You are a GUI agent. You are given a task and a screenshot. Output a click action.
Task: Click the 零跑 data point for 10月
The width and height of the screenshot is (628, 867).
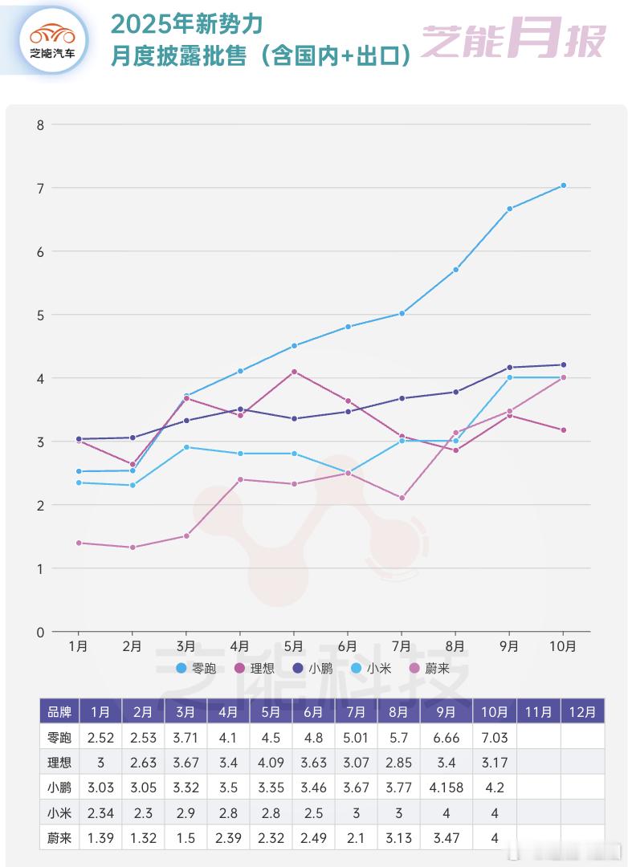(x=563, y=185)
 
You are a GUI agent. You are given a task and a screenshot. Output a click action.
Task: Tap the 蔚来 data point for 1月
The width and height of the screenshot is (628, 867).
(x=79, y=543)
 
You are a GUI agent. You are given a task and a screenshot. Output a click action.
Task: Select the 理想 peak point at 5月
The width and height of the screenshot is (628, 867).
(x=295, y=372)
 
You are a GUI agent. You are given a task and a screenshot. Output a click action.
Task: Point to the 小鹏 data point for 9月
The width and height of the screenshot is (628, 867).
(x=509, y=368)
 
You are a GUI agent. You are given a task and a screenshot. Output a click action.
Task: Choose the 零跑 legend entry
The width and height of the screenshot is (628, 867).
(x=196, y=668)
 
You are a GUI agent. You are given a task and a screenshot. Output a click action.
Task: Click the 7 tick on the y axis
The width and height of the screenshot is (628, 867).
(x=39, y=188)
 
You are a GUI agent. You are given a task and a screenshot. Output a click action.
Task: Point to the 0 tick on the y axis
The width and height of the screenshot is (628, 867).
(x=39, y=632)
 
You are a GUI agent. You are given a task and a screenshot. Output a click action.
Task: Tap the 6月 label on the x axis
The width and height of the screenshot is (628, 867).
(x=348, y=645)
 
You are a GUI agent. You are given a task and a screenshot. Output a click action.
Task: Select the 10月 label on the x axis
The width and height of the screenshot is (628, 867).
(x=562, y=645)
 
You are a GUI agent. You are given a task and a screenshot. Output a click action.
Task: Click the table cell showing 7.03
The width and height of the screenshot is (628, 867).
(x=495, y=737)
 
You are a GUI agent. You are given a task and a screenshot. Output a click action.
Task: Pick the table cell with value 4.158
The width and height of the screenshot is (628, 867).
(x=447, y=788)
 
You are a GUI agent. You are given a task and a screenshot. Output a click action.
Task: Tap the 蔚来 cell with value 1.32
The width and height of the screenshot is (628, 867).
(x=143, y=838)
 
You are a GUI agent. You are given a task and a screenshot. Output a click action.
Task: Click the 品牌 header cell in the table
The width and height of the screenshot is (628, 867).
(x=59, y=711)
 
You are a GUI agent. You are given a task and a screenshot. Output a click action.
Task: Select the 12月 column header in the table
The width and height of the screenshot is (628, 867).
(x=582, y=711)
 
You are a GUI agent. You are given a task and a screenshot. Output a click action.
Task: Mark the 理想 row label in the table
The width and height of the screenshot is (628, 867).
(x=59, y=763)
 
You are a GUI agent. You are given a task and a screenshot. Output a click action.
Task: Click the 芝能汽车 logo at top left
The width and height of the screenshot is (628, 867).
(x=53, y=38)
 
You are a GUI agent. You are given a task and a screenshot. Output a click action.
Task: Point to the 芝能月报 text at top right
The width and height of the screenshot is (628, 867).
(x=513, y=40)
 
